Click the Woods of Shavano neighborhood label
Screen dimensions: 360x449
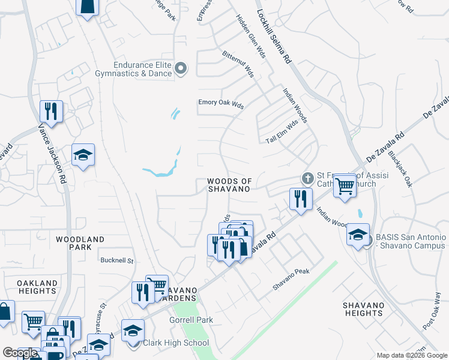coord(228,185)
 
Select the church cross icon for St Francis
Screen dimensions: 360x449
coord(307,178)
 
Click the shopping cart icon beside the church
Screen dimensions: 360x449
coord(345,185)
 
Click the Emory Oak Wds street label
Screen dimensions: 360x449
coord(221,103)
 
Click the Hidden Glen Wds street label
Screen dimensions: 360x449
coord(251,36)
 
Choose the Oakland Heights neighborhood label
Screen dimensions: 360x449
coord(37,287)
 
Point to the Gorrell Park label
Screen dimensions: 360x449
coord(191,320)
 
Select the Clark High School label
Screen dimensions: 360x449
coord(176,343)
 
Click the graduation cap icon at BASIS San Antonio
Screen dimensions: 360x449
coord(358,235)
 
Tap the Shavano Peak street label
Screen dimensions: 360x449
coord(291,280)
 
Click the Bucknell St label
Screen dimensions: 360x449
coord(116,261)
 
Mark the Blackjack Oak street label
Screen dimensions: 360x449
coord(400,169)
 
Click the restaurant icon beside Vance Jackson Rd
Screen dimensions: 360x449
coord(51,111)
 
